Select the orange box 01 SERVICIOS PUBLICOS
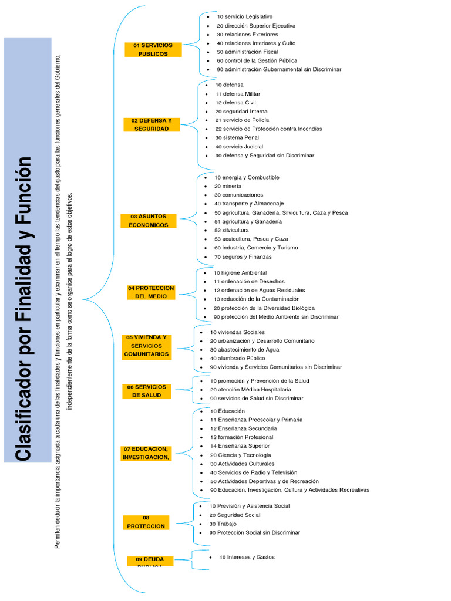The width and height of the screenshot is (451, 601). (x=153, y=49)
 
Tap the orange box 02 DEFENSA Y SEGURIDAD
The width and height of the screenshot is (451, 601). (x=152, y=124)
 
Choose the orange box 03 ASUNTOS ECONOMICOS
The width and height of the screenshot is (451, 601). (x=149, y=221)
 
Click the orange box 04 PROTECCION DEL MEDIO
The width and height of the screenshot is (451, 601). (x=151, y=292)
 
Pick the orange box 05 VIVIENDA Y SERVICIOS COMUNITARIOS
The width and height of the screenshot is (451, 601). (x=146, y=346)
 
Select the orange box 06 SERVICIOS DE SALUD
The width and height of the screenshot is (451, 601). (x=146, y=391)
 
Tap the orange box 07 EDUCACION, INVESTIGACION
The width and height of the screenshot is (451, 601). (x=146, y=453)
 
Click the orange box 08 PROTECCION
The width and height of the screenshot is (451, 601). (x=146, y=522)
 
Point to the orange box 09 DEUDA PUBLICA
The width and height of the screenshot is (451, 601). (x=150, y=561)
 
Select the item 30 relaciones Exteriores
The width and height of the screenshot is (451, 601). (x=247, y=35)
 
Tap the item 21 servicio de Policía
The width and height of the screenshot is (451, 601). (x=242, y=120)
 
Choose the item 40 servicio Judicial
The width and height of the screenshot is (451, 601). (x=239, y=147)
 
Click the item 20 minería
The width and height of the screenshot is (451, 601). (x=227, y=186)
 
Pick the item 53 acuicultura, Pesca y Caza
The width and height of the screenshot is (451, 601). (x=251, y=239)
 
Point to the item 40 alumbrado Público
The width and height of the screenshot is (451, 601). (x=237, y=358)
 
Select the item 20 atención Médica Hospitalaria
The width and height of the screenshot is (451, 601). (x=250, y=389)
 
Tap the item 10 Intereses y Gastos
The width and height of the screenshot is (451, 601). (x=247, y=557)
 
